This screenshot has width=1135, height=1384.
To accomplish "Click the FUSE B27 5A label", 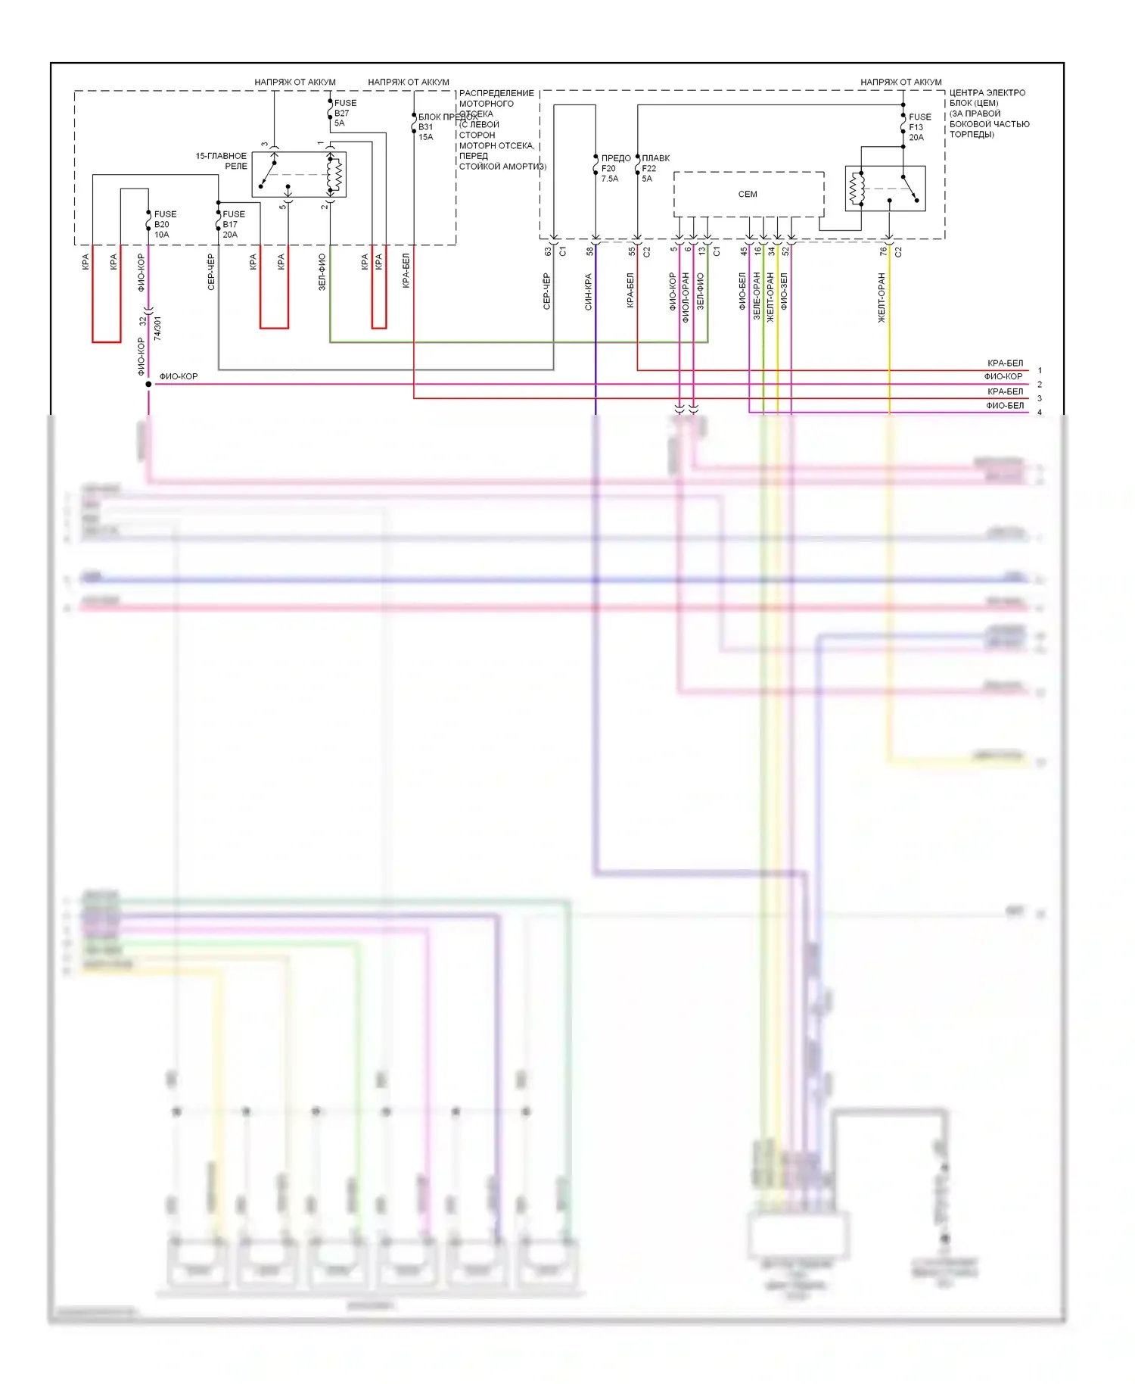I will click(344, 113).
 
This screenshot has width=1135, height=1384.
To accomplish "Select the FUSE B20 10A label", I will click(164, 224).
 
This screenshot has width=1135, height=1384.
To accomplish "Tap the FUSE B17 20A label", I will click(233, 224).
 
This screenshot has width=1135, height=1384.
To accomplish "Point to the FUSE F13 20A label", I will click(919, 127).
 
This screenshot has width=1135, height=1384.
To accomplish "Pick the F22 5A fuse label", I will click(654, 169).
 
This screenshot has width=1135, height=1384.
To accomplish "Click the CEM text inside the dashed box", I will click(748, 195).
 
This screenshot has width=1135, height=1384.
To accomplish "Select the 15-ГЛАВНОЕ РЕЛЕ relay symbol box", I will click(299, 175).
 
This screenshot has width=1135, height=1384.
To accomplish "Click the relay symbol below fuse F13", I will click(885, 189).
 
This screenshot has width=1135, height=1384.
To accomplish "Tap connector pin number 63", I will click(548, 251).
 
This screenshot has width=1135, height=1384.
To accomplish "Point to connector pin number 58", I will click(589, 251).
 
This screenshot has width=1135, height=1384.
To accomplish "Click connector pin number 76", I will click(883, 251).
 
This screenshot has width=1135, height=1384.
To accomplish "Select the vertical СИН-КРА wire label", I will click(588, 292).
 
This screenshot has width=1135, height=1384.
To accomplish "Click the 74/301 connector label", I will click(157, 328).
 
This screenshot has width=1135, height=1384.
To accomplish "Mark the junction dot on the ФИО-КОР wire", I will click(148, 385).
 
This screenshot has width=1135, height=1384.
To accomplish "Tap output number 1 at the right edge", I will click(1040, 371).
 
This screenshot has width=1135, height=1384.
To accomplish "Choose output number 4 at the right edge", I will click(1040, 413).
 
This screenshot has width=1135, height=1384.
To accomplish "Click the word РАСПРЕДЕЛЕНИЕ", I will click(496, 93).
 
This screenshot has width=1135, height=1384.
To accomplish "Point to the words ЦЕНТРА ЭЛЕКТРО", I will click(987, 93).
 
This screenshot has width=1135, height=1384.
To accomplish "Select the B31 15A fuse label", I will click(426, 132).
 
